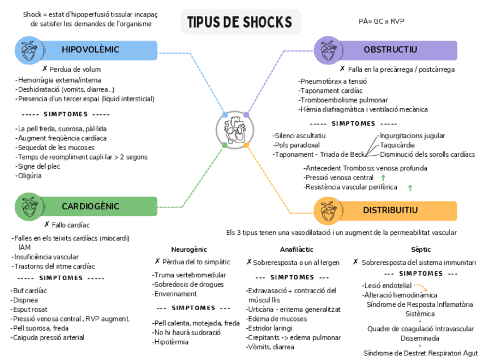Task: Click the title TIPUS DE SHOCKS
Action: click(x=240, y=22)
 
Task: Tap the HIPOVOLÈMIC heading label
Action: click(x=91, y=50)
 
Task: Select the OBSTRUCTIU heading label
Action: click(x=391, y=50)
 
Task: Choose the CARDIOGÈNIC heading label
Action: click(x=91, y=206)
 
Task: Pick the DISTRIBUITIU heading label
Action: click(x=391, y=211)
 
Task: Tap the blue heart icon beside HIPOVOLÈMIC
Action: click(x=27, y=50)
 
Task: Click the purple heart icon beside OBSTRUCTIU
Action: click(x=326, y=50)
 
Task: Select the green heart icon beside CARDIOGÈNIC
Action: click(x=27, y=206)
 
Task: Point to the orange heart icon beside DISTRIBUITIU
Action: click(x=326, y=211)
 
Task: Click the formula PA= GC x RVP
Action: click(x=382, y=21)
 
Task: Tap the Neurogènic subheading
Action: click(x=189, y=249)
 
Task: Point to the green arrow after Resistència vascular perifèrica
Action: click(x=410, y=187)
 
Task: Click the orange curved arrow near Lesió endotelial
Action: click(x=420, y=287)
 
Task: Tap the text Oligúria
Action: click(x=29, y=175)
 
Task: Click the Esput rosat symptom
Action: click(x=29, y=310)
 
